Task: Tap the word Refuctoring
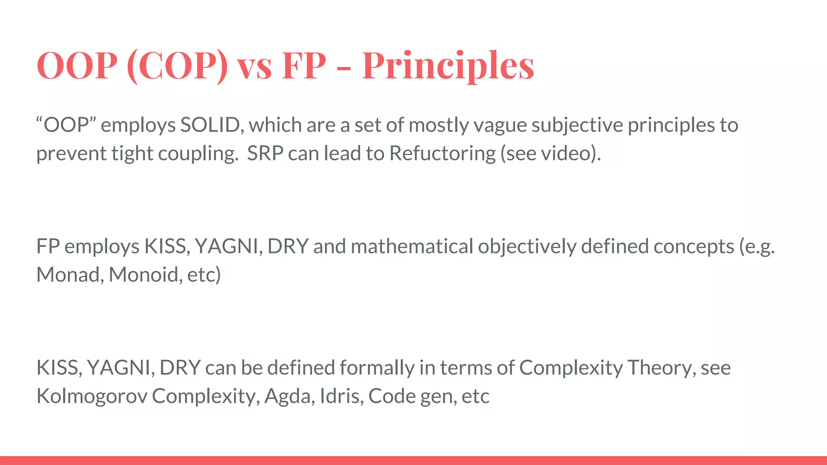442,153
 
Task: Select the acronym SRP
265,153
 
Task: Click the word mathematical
412,246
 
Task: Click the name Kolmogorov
92,396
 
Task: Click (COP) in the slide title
177,65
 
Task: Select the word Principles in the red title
448,65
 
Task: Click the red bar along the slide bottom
413,460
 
